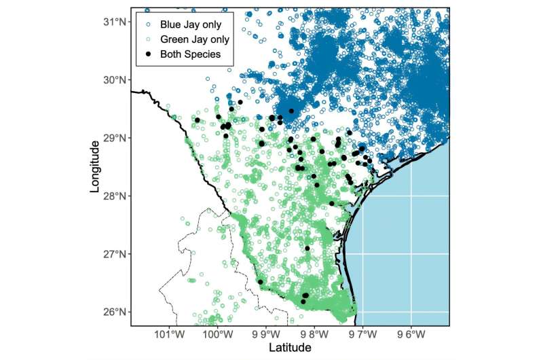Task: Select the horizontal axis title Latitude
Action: tap(290, 348)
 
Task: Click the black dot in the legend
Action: tap(148, 54)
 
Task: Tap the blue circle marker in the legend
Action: tap(148, 24)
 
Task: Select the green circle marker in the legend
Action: tap(148, 39)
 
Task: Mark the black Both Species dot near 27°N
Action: tap(307, 249)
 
